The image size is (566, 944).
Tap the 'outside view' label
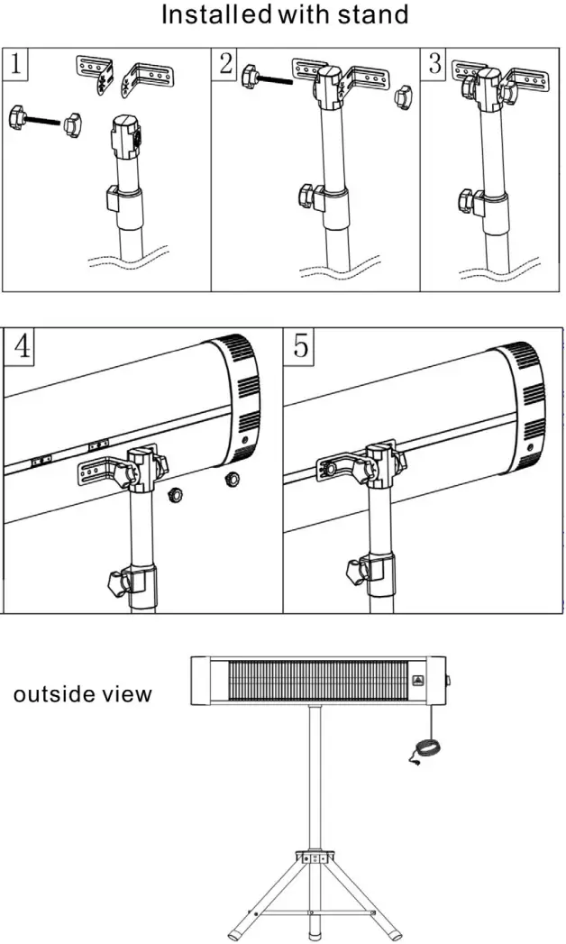pos(82,693)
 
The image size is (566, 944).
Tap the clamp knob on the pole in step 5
pos(357,571)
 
